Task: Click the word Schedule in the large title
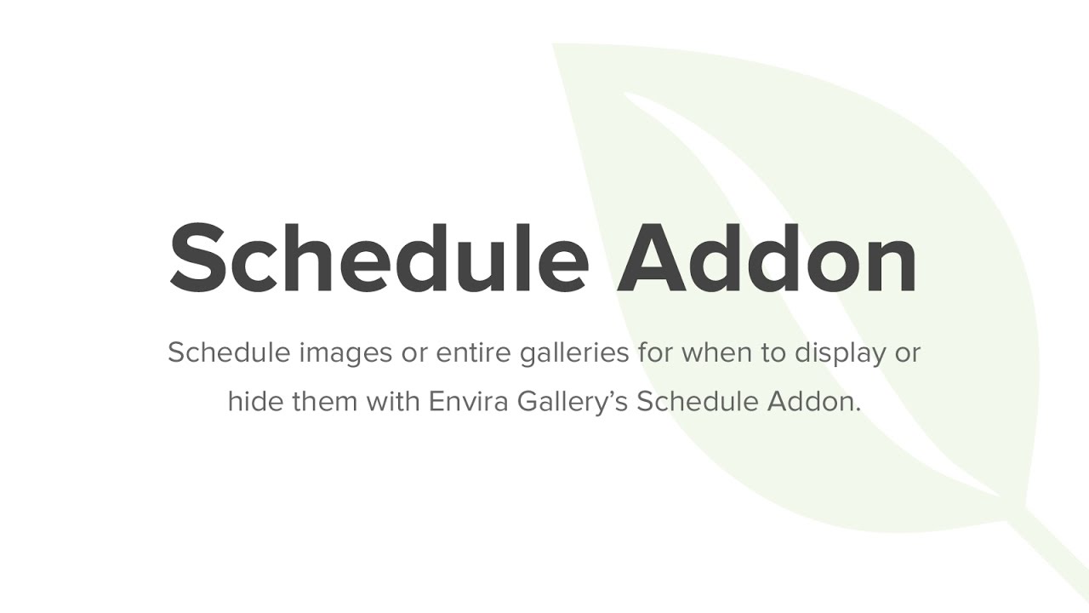click(379, 256)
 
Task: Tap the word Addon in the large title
click(767, 256)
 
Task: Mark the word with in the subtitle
click(394, 401)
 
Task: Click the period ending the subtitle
click(858, 409)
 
